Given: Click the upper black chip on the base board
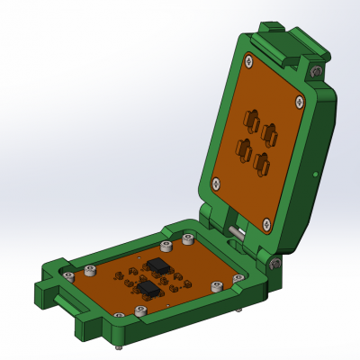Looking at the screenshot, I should click(159, 265).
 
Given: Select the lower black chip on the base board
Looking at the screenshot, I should click(149, 289).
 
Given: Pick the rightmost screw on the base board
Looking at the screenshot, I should click(238, 279).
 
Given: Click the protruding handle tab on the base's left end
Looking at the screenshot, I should click(47, 292).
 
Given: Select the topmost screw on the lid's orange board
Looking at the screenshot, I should click(248, 60).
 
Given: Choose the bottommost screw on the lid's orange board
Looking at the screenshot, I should click(266, 221).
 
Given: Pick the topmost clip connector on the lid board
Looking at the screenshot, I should click(252, 119).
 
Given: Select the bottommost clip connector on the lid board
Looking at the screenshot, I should click(262, 163).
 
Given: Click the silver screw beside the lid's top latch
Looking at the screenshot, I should click(315, 71).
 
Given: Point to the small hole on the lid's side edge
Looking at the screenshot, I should click(314, 174).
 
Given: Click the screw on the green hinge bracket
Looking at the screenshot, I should click(274, 263).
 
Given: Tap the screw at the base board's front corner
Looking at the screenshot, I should click(139, 310).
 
